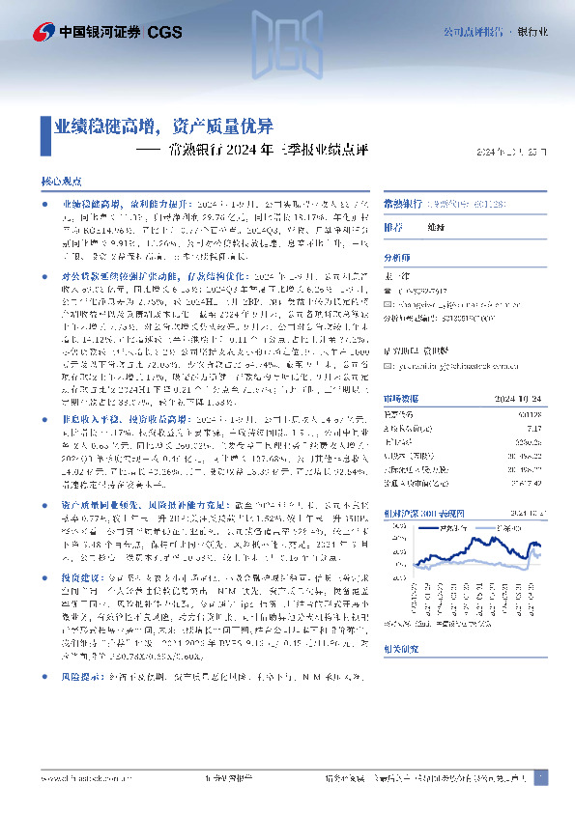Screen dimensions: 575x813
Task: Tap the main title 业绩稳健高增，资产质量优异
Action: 162,126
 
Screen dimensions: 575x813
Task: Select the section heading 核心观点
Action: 61,181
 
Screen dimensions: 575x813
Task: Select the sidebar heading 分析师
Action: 397,259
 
